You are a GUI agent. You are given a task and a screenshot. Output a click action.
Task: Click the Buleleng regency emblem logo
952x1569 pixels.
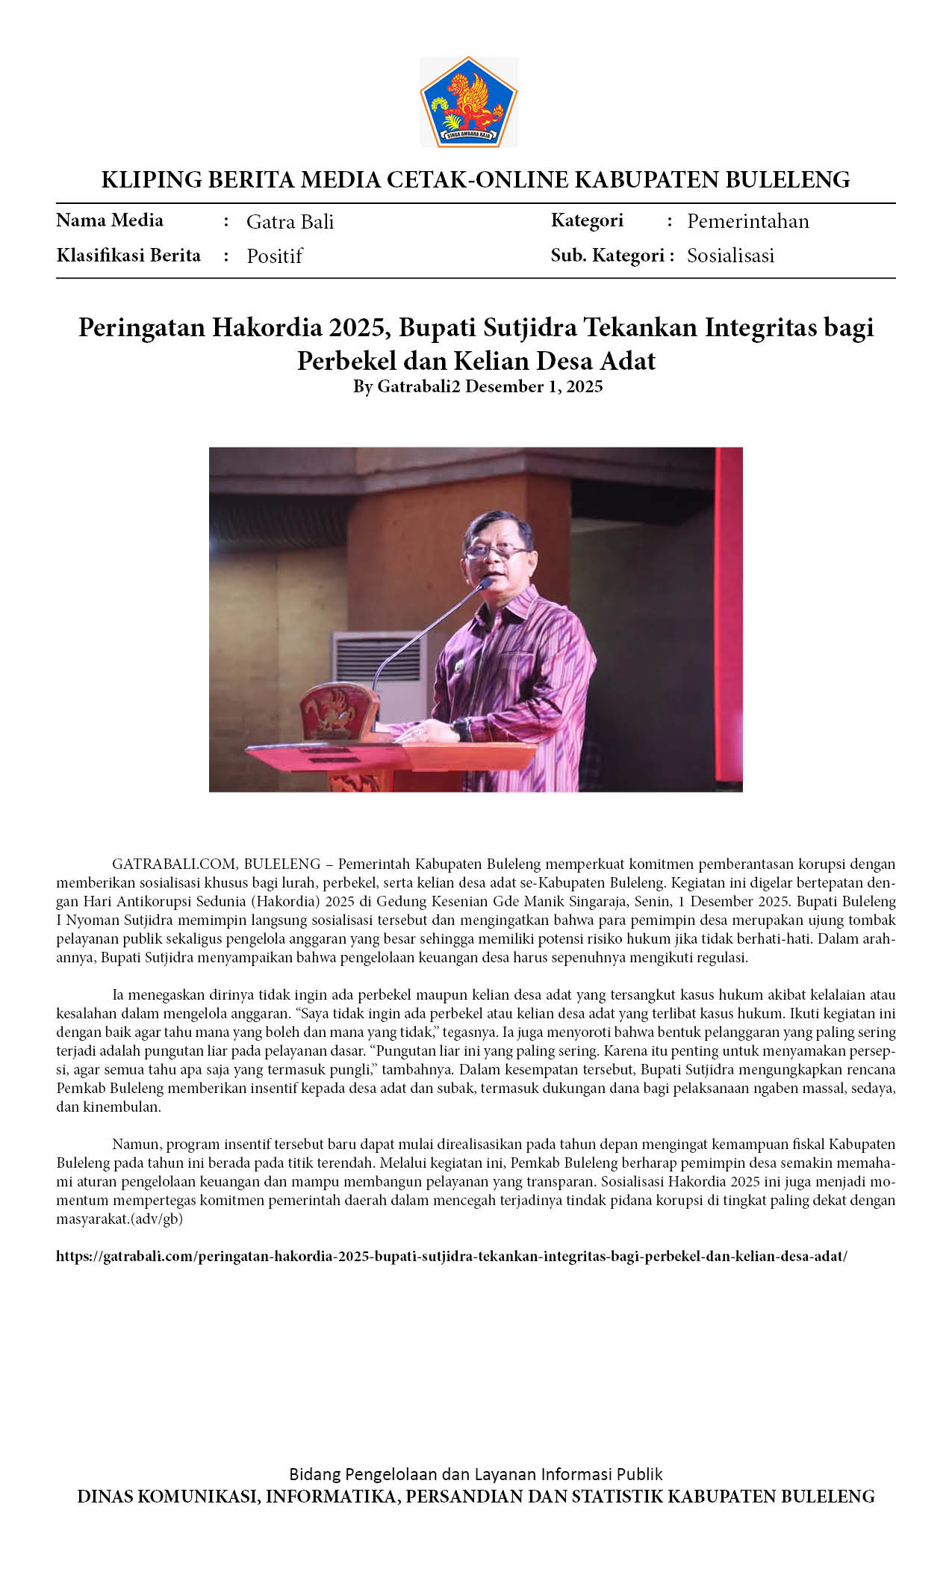click(x=468, y=102)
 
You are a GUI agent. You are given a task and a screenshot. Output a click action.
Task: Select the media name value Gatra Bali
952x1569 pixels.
click(x=290, y=222)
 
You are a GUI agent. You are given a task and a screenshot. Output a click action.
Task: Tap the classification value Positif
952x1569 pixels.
click(x=274, y=256)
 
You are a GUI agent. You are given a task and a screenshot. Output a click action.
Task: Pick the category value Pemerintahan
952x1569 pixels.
click(x=747, y=221)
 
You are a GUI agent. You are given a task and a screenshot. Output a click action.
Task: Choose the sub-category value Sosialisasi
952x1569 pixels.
click(x=730, y=256)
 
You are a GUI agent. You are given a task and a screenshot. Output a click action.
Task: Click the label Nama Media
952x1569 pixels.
click(x=110, y=220)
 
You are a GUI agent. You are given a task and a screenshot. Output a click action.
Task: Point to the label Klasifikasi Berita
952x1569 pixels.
click(x=128, y=256)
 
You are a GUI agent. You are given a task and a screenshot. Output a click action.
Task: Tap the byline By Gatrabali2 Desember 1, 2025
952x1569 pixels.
click(x=477, y=387)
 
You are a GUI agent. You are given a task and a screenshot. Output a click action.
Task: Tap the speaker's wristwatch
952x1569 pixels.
click(x=462, y=728)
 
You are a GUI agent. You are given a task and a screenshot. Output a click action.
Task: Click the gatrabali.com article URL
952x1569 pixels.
click(x=451, y=1256)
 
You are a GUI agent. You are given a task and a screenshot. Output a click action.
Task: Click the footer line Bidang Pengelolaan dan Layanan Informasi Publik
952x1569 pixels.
click(x=476, y=1474)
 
